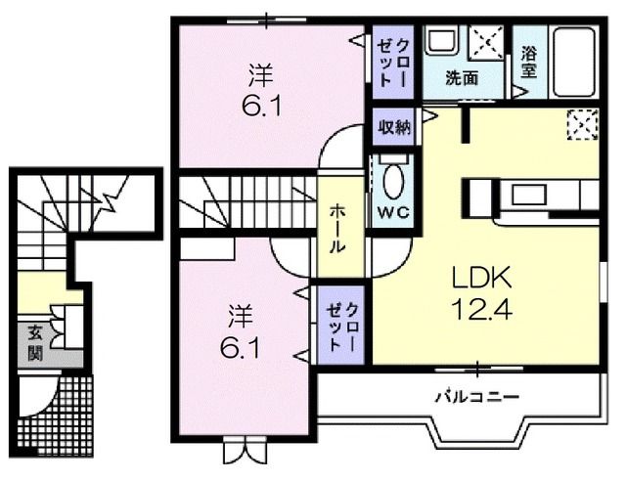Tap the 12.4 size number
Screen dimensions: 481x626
coord(475,311)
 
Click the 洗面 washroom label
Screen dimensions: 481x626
coord(462,78)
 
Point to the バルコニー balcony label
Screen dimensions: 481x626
coord(476,396)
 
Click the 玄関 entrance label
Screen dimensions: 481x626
coord(33,341)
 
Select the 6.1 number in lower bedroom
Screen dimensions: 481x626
coord(239,347)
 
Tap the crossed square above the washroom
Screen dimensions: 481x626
coord(486,42)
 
